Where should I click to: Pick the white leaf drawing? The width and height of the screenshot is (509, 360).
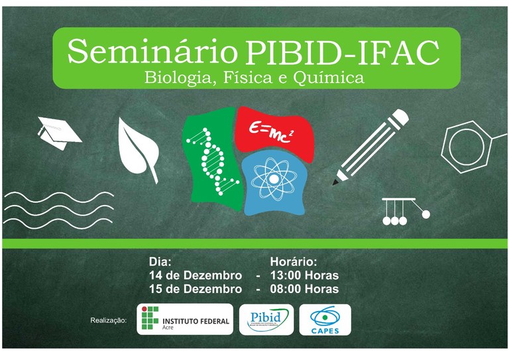(x=139, y=147)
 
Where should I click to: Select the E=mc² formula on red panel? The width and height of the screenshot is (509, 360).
(x=271, y=128)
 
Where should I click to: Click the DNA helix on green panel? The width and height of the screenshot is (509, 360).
(x=210, y=160)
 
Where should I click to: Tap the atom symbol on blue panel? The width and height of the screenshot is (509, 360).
(x=273, y=181)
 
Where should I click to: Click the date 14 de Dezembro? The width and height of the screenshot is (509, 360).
(x=195, y=275)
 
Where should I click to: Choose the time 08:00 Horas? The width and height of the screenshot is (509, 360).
(x=304, y=289)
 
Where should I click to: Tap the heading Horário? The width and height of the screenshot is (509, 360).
(x=294, y=261)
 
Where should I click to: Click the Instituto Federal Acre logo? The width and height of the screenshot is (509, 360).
(x=185, y=320)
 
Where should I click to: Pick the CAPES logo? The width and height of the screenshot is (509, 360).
(x=325, y=320)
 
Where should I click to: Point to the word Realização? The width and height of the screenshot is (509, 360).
(x=108, y=321)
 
